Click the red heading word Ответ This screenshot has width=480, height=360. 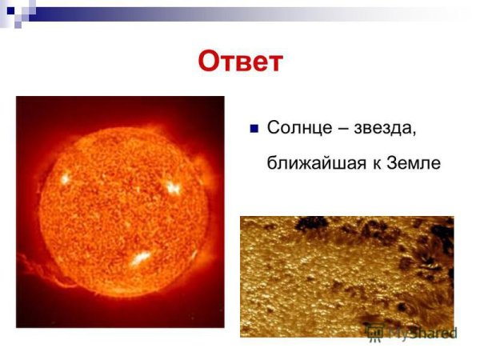pos(240,62)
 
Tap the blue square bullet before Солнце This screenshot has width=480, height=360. pos(254,128)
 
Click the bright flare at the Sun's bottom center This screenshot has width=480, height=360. pos(141,258)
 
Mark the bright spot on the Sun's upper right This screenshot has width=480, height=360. pos(172,188)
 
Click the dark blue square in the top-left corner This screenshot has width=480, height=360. pos(10,10)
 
